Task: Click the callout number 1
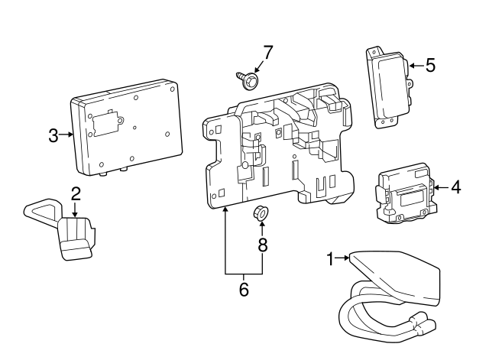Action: tap(331, 260)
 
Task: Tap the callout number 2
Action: tap(76, 193)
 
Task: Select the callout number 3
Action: tap(53, 136)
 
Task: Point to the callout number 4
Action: tap(455, 186)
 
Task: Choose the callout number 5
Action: tap(430, 66)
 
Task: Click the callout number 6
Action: tap(244, 290)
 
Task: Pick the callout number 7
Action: tap(267, 53)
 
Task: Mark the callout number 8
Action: tap(262, 245)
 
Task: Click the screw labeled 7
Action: tap(247, 79)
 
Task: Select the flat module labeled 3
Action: tap(126, 124)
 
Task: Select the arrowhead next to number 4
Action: tap(436, 186)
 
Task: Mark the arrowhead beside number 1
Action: tap(347, 260)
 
